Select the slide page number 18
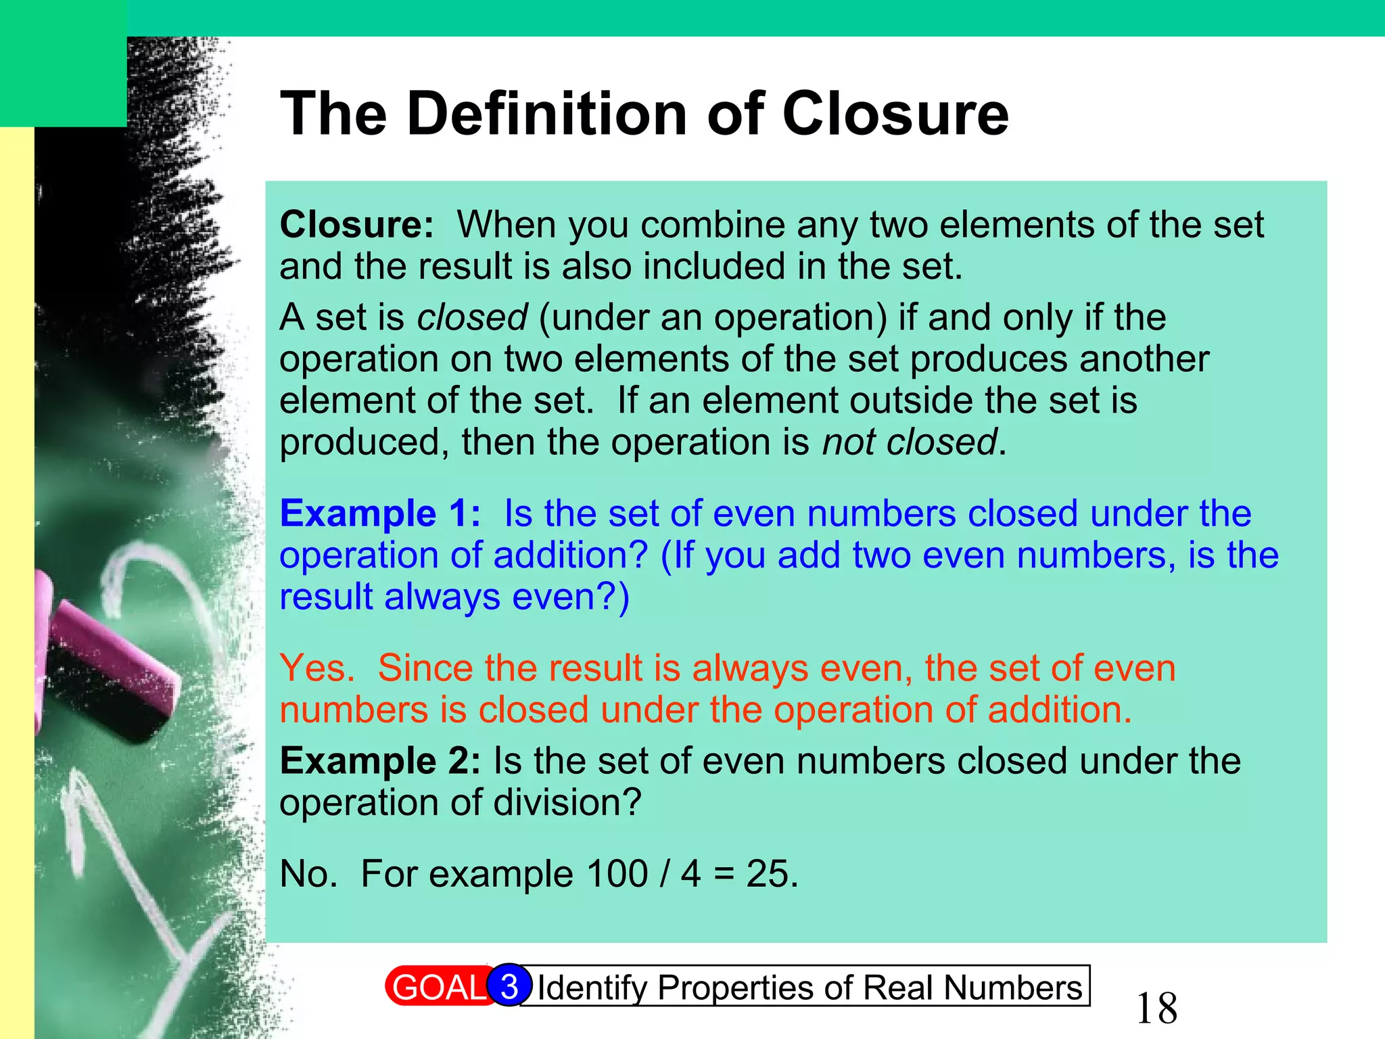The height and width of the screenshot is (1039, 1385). click(x=1156, y=1009)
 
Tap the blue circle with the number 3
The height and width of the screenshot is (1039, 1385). click(x=509, y=986)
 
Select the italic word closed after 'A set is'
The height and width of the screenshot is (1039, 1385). click(x=472, y=317)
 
